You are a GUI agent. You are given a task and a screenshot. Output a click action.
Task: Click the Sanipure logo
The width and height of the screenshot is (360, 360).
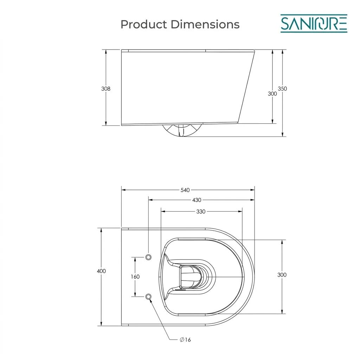(314, 24)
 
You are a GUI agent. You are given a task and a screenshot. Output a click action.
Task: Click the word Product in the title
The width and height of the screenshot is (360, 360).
(144, 24)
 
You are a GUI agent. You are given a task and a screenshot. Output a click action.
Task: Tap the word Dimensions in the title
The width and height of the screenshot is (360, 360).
(205, 24)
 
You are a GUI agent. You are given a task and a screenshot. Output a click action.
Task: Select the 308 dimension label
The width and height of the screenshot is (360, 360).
(105, 89)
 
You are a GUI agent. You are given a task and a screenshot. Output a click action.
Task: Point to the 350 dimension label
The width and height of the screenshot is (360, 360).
(282, 89)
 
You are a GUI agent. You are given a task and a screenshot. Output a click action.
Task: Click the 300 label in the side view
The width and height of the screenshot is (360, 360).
(272, 94)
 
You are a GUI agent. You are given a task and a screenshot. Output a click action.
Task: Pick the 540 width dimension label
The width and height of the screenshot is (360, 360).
(185, 190)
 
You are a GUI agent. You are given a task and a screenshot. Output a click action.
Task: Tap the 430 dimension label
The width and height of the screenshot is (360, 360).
(197, 200)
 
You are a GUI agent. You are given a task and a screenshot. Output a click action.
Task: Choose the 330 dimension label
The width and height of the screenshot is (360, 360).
(201, 212)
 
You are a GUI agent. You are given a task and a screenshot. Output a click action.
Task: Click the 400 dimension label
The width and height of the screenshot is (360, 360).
(101, 271)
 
